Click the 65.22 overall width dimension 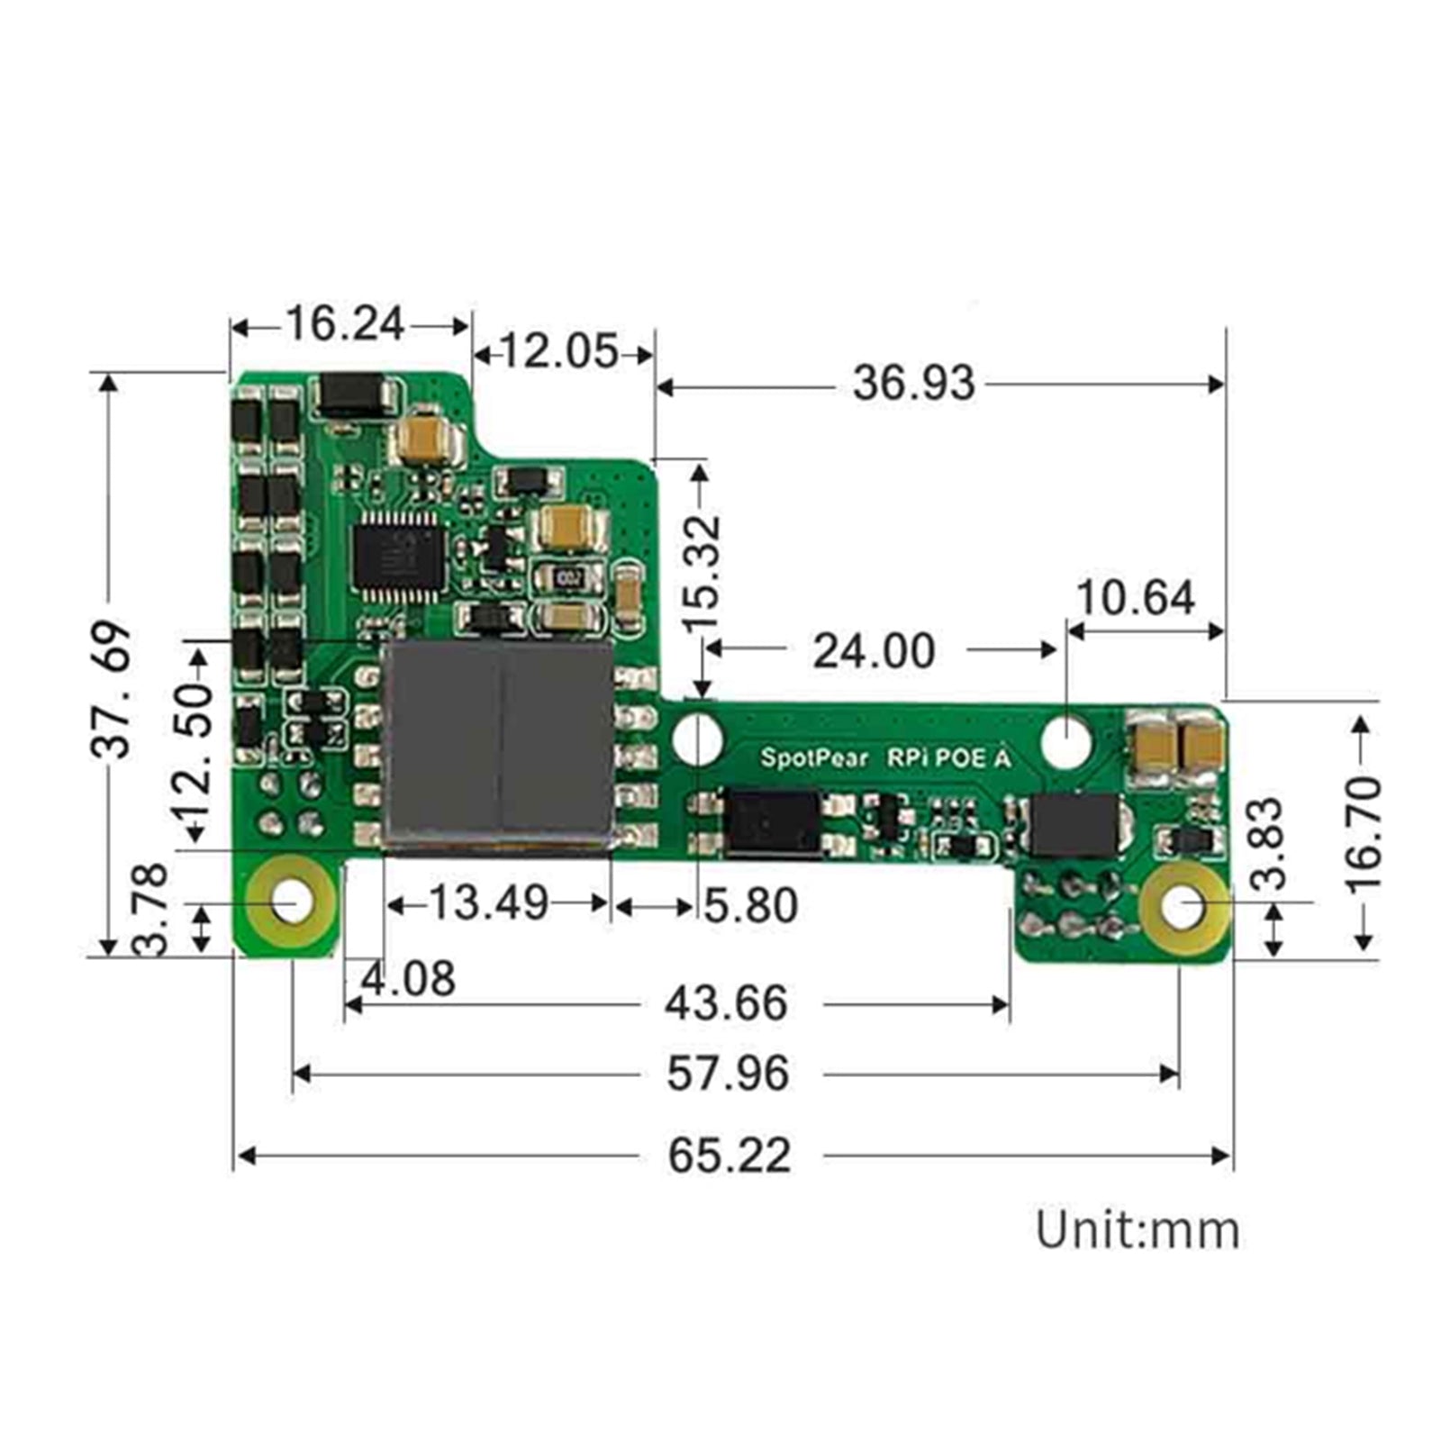click(x=729, y=1156)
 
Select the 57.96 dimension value click(x=728, y=1074)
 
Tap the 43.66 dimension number click(x=726, y=1003)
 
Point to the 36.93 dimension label click(x=913, y=384)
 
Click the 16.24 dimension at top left click(x=345, y=324)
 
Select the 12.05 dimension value click(x=559, y=352)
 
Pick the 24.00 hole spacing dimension click(x=874, y=650)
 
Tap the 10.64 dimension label click(x=1135, y=598)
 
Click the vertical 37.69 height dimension click(x=113, y=688)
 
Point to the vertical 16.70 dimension click(x=1363, y=833)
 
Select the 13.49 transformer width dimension click(x=487, y=903)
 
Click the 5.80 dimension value click(x=750, y=906)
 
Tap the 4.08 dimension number click(x=408, y=979)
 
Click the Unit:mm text click(x=1137, y=1230)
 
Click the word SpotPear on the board click(x=813, y=757)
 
